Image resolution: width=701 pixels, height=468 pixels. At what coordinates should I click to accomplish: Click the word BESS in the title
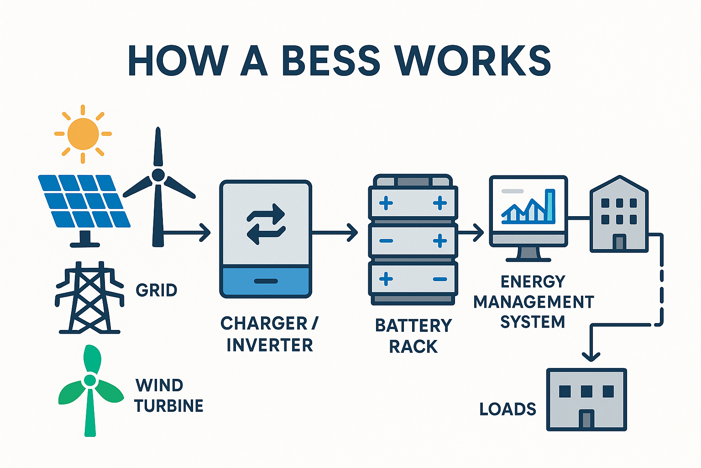[331, 61]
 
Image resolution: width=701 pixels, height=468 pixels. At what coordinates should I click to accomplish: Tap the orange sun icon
[83, 134]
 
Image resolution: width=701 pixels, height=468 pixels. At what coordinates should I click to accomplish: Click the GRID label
[157, 290]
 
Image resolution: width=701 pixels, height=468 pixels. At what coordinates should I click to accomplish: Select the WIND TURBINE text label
[168, 396]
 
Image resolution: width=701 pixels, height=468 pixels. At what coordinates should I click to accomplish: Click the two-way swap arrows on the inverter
[266, 224]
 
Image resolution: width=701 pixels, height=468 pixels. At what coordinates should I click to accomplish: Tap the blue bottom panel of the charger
[266, 282]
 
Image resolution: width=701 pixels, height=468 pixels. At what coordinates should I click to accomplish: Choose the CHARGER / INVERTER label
[269, 334]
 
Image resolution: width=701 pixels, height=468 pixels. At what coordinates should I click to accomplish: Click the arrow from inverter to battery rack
[335, 233]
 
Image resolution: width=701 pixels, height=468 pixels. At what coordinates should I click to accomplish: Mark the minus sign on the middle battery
[386, 241]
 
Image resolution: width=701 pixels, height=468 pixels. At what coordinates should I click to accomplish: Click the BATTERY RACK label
[413, 336]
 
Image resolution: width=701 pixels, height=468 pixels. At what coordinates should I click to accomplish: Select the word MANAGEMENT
[534, 302]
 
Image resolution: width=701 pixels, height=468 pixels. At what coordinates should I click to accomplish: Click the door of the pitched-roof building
[619, 242]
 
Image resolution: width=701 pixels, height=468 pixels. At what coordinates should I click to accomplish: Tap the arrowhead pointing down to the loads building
[591, 356]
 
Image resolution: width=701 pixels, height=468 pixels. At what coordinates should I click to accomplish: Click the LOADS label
[507, 409]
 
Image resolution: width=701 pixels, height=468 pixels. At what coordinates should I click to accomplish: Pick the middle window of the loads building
[586, 391]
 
